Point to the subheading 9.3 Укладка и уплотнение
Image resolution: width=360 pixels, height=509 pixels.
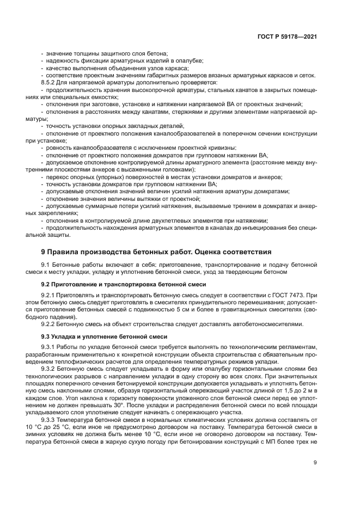108,336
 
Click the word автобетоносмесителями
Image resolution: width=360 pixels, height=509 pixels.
266,324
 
